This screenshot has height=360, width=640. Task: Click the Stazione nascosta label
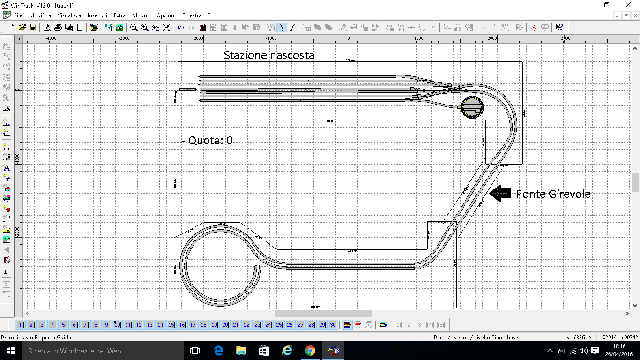pos(269,55)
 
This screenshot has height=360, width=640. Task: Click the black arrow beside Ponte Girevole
pos(500,194)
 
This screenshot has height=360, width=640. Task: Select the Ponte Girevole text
pos(553,194)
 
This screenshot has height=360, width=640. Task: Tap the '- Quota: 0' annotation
pos(207,141)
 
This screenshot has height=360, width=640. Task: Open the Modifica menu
pos(40,15)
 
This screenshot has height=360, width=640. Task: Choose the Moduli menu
pos(141,15)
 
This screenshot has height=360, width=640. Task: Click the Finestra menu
pos(192,15)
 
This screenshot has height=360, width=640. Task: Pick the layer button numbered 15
pos(171,325)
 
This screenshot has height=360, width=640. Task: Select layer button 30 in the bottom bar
pos(333,325)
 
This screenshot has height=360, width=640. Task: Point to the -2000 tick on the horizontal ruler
pos(198,38)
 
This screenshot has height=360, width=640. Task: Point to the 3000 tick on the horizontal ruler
pos(566,38)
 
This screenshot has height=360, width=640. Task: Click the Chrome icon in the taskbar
pos(310,351)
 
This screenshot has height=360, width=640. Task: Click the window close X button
pos(628,5)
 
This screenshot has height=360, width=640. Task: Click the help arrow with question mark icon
pos(559,27)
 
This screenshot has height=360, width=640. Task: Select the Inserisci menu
pos(97,15)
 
